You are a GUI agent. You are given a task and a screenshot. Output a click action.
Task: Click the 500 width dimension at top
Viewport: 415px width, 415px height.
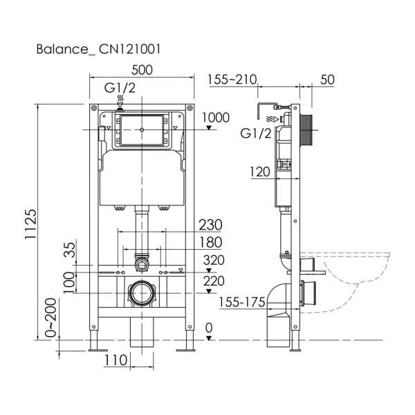tap(141, 70)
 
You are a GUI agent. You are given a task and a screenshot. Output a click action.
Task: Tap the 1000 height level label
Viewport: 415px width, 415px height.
tap(216, 118)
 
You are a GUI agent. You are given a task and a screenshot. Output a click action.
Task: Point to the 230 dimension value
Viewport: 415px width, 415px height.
tap(210, 225)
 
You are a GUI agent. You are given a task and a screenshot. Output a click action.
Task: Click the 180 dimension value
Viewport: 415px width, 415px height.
tap(210, 242)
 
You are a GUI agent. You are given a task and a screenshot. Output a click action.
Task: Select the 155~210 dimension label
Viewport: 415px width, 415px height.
tap(232, 80)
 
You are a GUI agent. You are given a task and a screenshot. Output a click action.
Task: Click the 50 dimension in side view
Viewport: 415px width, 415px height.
tap(327, 80)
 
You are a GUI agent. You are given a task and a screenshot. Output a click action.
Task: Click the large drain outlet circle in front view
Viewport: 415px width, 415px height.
tap(141, 294)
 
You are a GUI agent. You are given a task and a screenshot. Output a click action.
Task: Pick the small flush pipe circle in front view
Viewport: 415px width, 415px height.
tap(141, 264)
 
